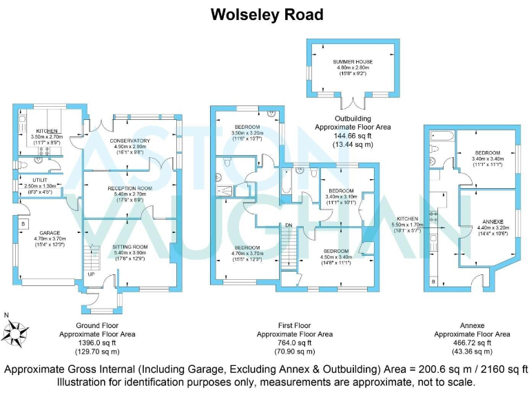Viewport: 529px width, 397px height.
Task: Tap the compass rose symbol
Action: [x=16, y=334]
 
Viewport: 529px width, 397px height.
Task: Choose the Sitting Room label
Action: [x=129, y=250]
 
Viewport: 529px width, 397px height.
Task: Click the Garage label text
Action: [x=50, y=232]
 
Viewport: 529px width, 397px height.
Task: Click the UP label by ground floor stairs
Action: [x=91, y=274]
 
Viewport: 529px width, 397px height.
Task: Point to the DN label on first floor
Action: [x=290, y=225]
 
